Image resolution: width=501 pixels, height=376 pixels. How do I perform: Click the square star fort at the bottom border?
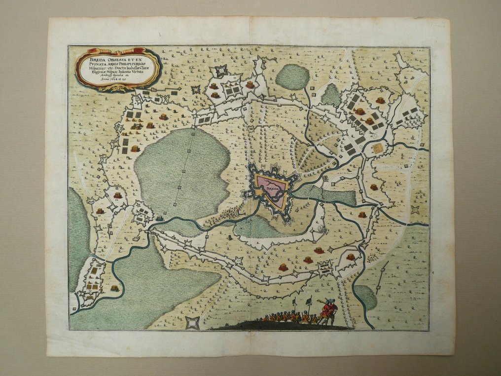click(193, 323)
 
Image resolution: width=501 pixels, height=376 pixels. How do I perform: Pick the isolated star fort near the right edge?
click(416, 210)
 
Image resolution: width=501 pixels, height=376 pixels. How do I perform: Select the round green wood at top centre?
click(292, 76)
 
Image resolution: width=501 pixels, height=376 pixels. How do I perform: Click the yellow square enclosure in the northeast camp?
click(378, 148)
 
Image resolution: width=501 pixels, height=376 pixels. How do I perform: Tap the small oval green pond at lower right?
click(365, 297)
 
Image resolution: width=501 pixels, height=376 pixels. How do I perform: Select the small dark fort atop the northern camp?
click(220, 70)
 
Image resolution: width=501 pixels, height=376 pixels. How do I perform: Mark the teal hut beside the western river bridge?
click(161, 218)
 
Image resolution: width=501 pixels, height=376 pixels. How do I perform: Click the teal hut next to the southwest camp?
click(115, 288)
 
